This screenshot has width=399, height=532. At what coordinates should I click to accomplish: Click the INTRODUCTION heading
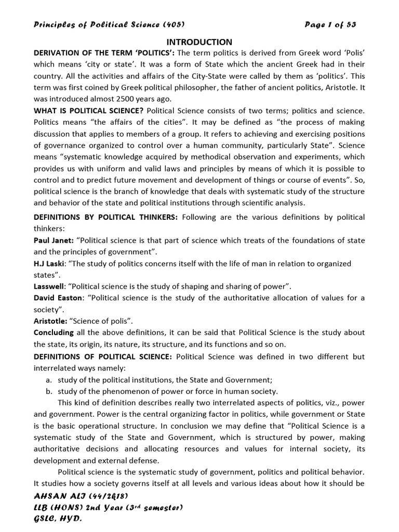point(199,42)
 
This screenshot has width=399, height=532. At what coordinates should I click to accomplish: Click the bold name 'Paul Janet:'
point(54,240)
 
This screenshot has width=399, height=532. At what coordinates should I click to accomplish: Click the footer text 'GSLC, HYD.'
point(58,518)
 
